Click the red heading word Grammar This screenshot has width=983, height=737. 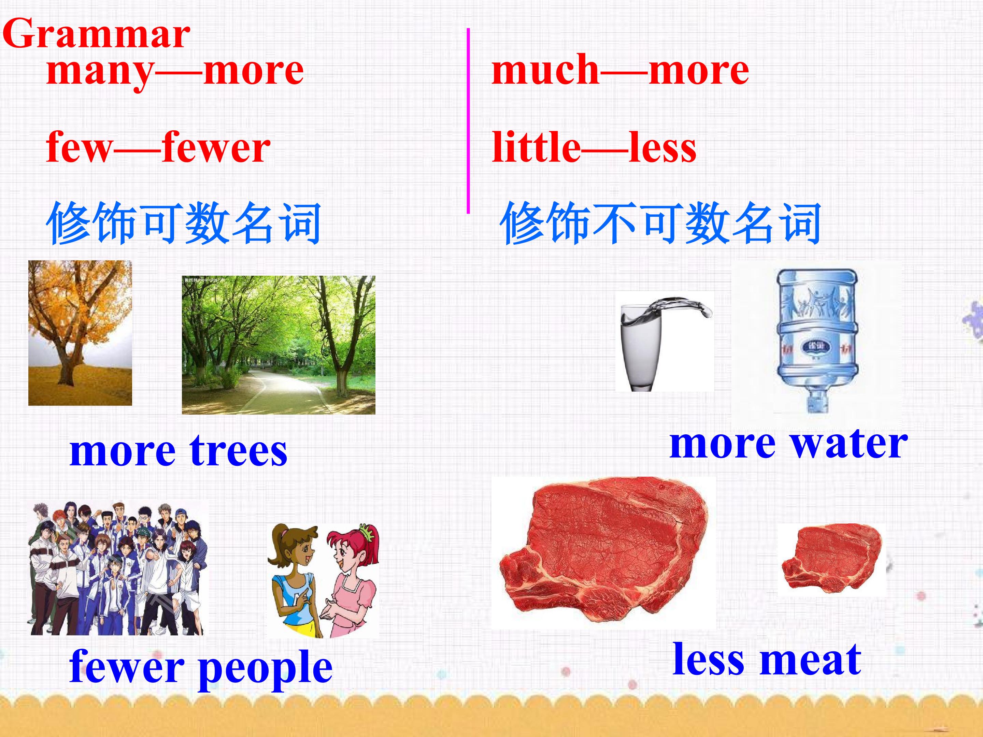(97, 34)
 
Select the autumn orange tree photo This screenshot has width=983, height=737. (80, 333)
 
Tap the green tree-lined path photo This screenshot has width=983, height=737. (279, 345)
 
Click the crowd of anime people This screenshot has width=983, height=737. (116, 569)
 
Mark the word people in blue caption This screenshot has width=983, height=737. (265, 667)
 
